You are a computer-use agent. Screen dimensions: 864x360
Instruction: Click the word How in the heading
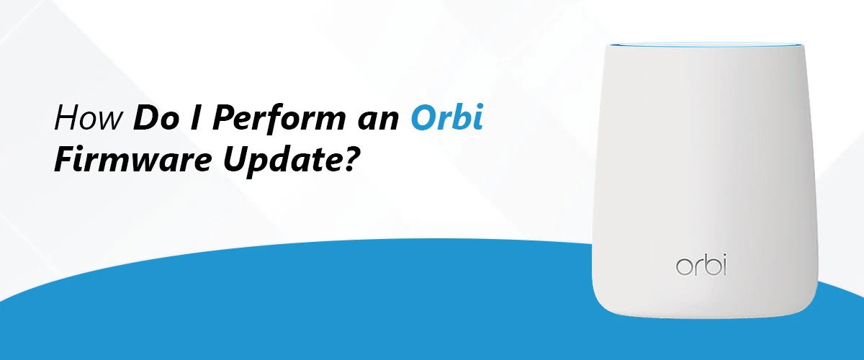[89, 117]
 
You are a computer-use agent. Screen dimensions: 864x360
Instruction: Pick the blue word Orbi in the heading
[447, 117]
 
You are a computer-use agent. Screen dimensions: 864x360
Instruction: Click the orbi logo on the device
[701, 265]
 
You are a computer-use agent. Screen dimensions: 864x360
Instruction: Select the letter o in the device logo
[683, 268]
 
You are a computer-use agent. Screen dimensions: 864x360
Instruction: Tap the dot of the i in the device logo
[724, 256]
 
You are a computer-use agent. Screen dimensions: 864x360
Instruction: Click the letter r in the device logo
[698, 268]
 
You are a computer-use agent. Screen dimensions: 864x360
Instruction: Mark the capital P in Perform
[225, 117]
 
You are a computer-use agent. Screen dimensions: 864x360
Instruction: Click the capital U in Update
[236, 159]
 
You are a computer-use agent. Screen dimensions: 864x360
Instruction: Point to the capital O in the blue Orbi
[423, 117]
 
